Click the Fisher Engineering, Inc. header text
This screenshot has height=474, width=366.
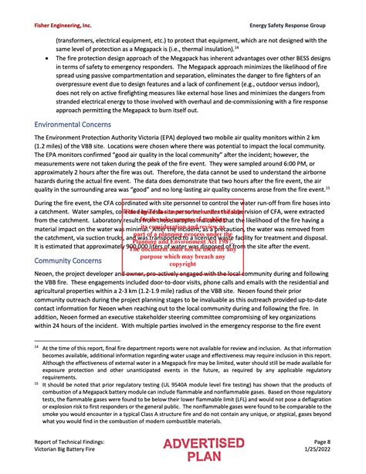pyautogui.click(x=63, y=26)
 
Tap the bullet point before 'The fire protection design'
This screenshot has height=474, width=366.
pyautogui.click(x=49, y=58)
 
